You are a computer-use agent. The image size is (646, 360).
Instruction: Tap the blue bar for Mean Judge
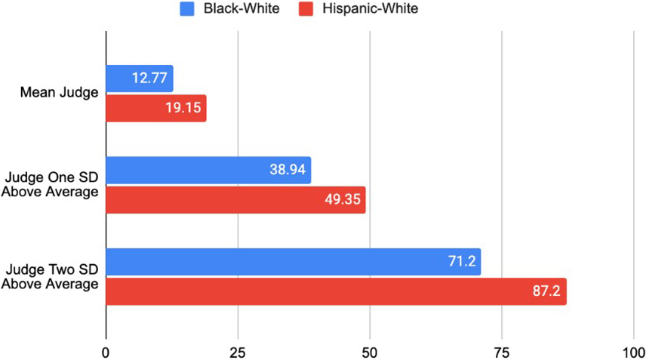(x=140, y=78)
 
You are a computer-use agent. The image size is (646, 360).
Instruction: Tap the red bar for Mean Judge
(x=155, y=108)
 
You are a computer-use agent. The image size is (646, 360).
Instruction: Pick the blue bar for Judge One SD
(x=208, y=171)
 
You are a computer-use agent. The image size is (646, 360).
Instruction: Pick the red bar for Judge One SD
(x=235, y=200)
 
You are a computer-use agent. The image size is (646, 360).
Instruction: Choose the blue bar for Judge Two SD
(x=293, y=262)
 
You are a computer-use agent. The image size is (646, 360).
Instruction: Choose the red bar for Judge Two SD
(x=336, y=291)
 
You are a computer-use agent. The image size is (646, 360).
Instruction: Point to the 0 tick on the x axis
(x=106, y=352)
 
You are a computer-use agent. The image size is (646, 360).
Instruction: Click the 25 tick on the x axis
(x=238, y=352)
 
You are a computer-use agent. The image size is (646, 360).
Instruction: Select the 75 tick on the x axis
(x=502, y=352)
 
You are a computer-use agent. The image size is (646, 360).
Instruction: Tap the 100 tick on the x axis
(x=632, y=352)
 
